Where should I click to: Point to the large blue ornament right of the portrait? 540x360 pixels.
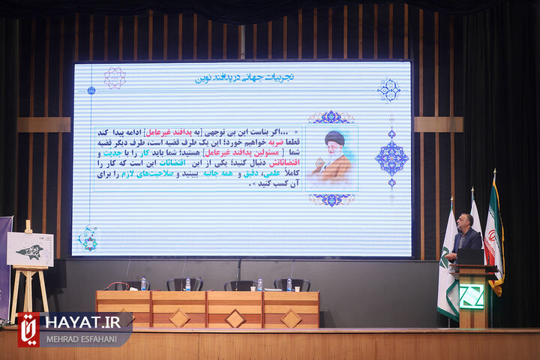tap(391, 157)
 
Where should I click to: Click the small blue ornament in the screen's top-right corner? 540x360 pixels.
tap(388, 90)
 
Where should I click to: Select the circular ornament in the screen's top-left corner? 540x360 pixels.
tap(114, 77)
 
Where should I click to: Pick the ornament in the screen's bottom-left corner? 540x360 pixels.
tap(88, 238)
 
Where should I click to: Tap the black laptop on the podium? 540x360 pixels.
tap(471, 256)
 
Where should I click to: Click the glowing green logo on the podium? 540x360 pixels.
tap(472, 296)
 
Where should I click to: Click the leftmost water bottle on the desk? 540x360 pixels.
tap(143, 284)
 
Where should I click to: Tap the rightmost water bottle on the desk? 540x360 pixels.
tap(289, 285)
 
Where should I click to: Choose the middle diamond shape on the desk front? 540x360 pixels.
tap(235, 318)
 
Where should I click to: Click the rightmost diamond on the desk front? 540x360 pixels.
tap(290, 318)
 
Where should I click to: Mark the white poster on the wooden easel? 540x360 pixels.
tap(30, 249)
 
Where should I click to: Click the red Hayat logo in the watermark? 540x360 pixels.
tap(28, 328)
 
